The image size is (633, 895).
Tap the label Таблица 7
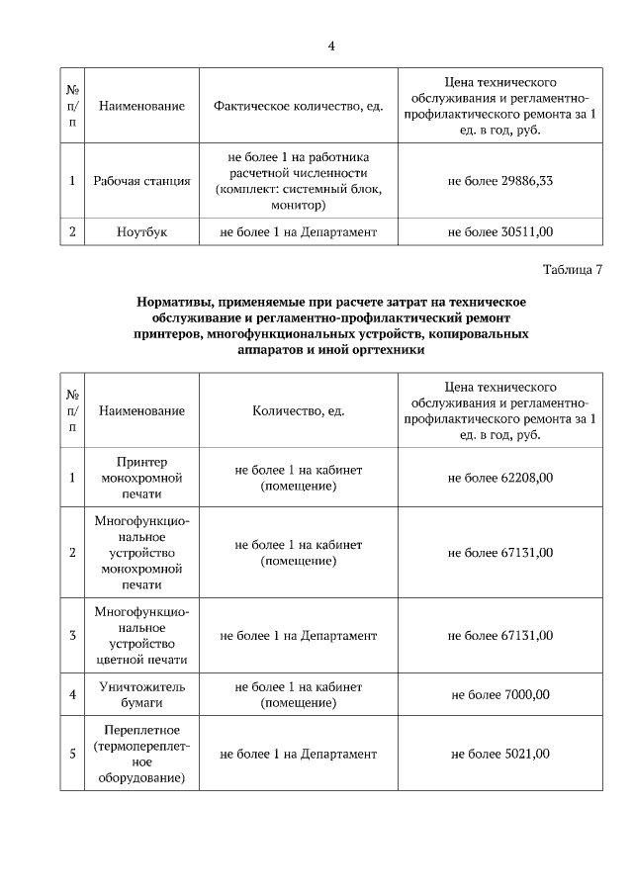(573, 270)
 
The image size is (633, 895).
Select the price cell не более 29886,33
(500, 182)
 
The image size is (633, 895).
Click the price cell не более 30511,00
(500, 232)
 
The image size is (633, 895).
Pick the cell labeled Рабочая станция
(141, 182)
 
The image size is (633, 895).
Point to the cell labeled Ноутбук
(141, 232)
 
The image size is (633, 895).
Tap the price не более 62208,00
(500, 478)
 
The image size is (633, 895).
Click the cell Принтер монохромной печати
(141, 478)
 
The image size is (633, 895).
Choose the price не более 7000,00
(500, 695)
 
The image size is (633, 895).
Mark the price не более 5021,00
(500, 755)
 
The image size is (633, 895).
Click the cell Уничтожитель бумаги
(141, 695)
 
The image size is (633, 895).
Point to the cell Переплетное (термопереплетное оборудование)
(141, 755)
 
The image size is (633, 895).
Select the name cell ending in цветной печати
(141, 636)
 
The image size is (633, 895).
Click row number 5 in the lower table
(72, 755)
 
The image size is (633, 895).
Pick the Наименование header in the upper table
(141, 105)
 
